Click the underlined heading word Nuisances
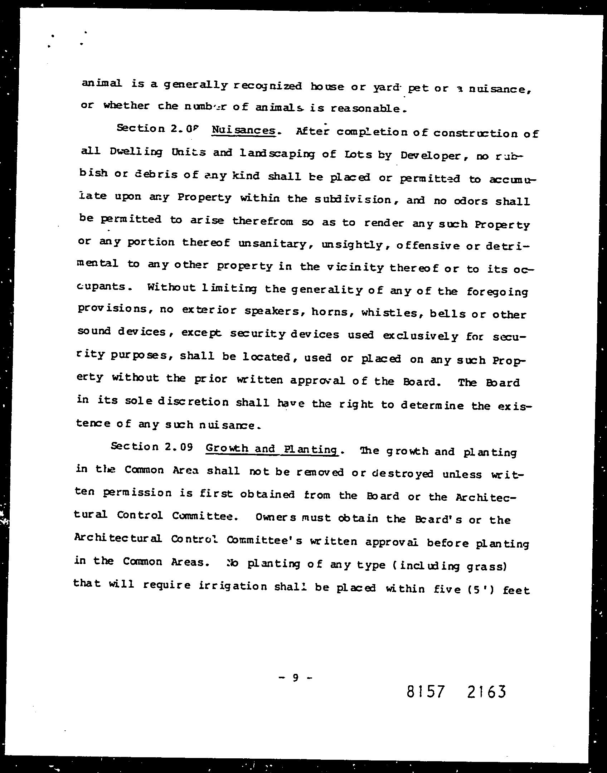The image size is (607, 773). coord(244,130)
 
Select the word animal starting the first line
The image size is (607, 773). coord(102,84)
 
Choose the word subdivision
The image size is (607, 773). coord(354,199)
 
